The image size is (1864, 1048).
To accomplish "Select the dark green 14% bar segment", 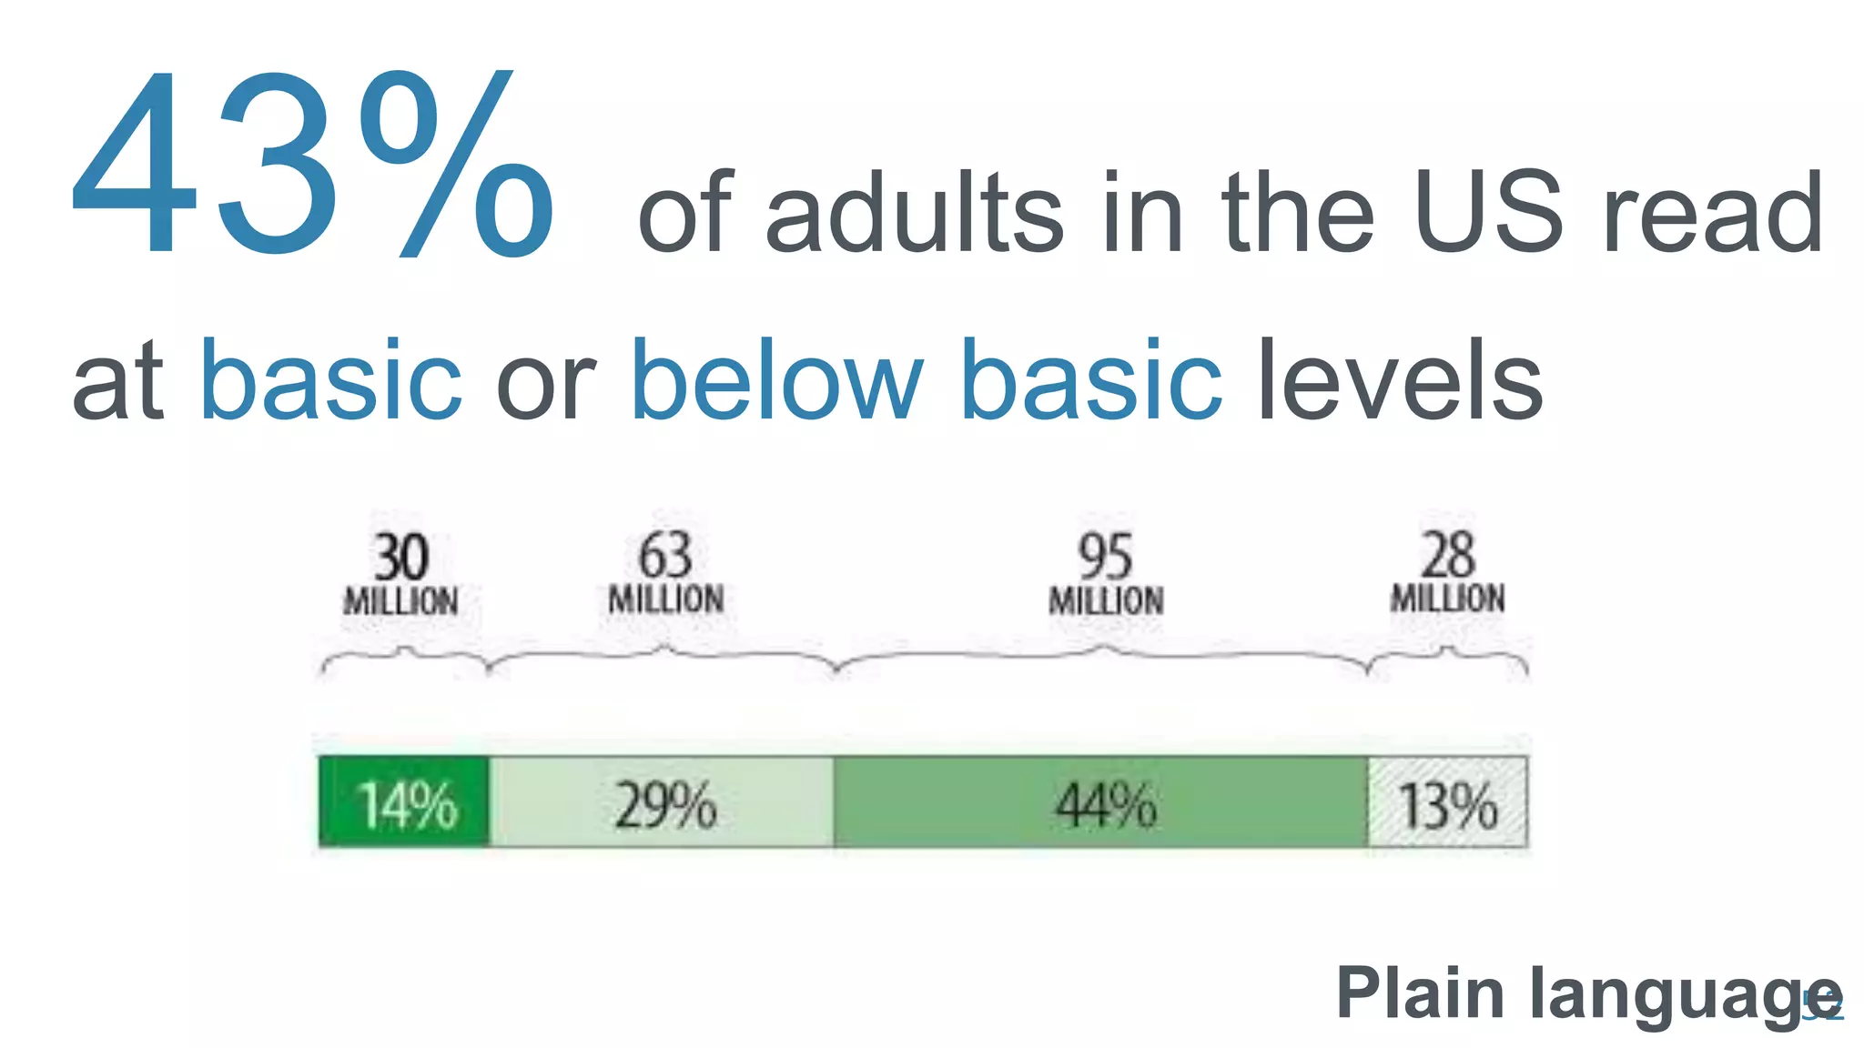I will (404, 802).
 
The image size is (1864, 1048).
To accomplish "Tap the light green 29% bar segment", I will (663, 802).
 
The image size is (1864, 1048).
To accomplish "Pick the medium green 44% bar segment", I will (1101, 802).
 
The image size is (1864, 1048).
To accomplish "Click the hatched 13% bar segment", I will (1447, 802).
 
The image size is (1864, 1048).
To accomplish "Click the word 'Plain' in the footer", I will (1420, 993).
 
